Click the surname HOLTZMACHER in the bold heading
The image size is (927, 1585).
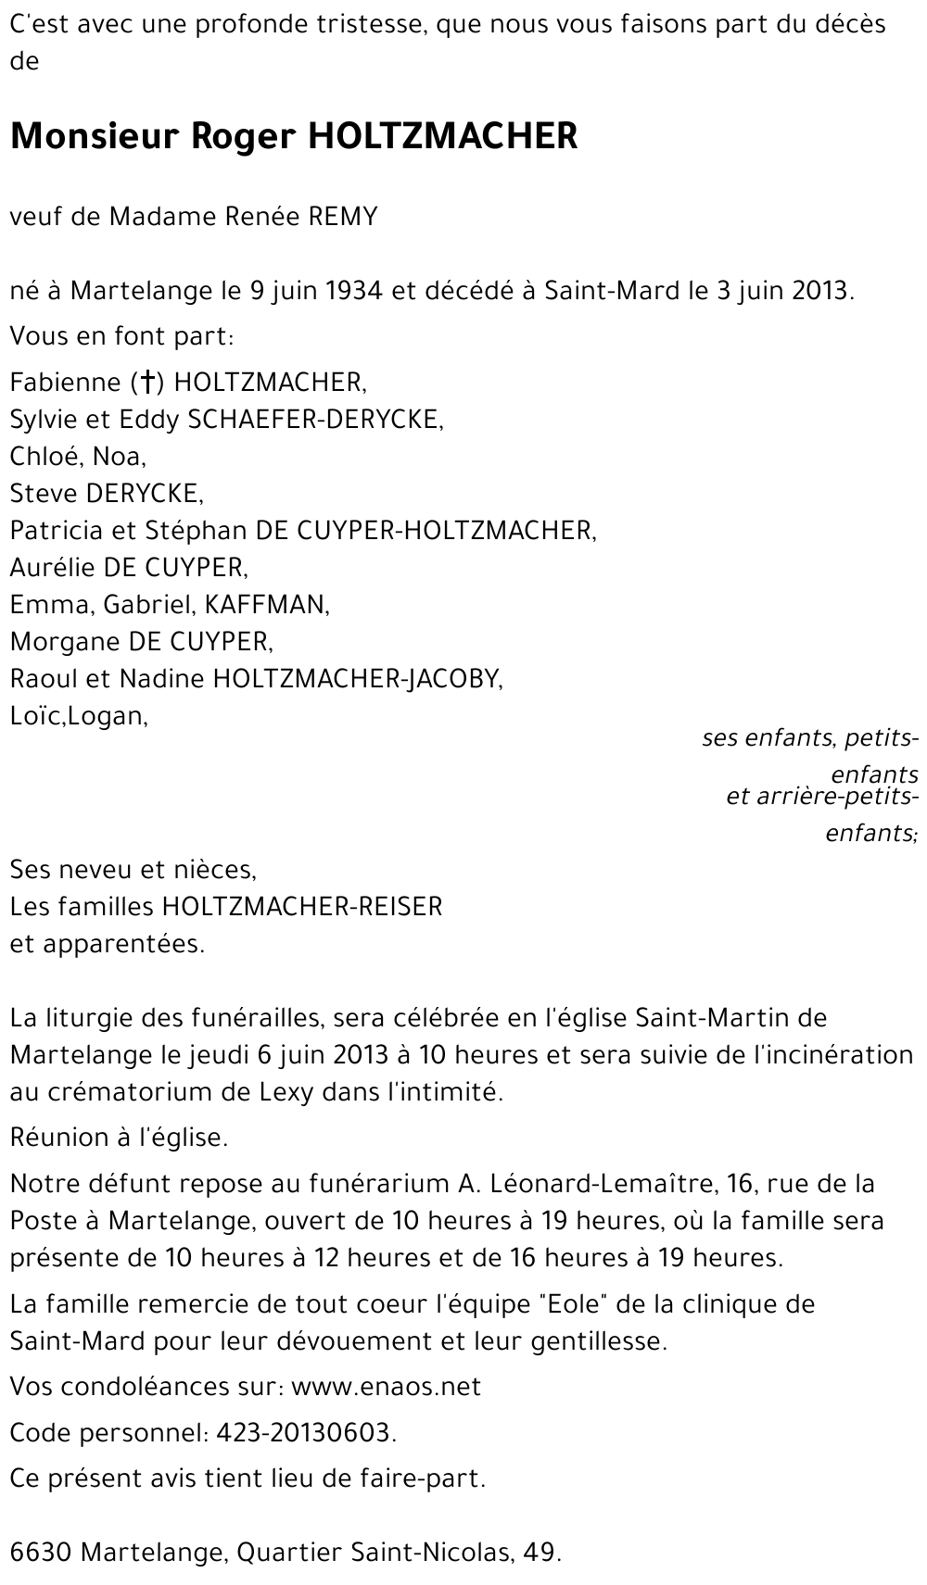point(442,137)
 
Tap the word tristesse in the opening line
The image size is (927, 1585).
point(364,24)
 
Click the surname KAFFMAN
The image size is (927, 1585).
point(266,604)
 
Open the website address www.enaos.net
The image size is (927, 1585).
point(386,1387)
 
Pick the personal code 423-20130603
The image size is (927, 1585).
point(305,1433)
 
